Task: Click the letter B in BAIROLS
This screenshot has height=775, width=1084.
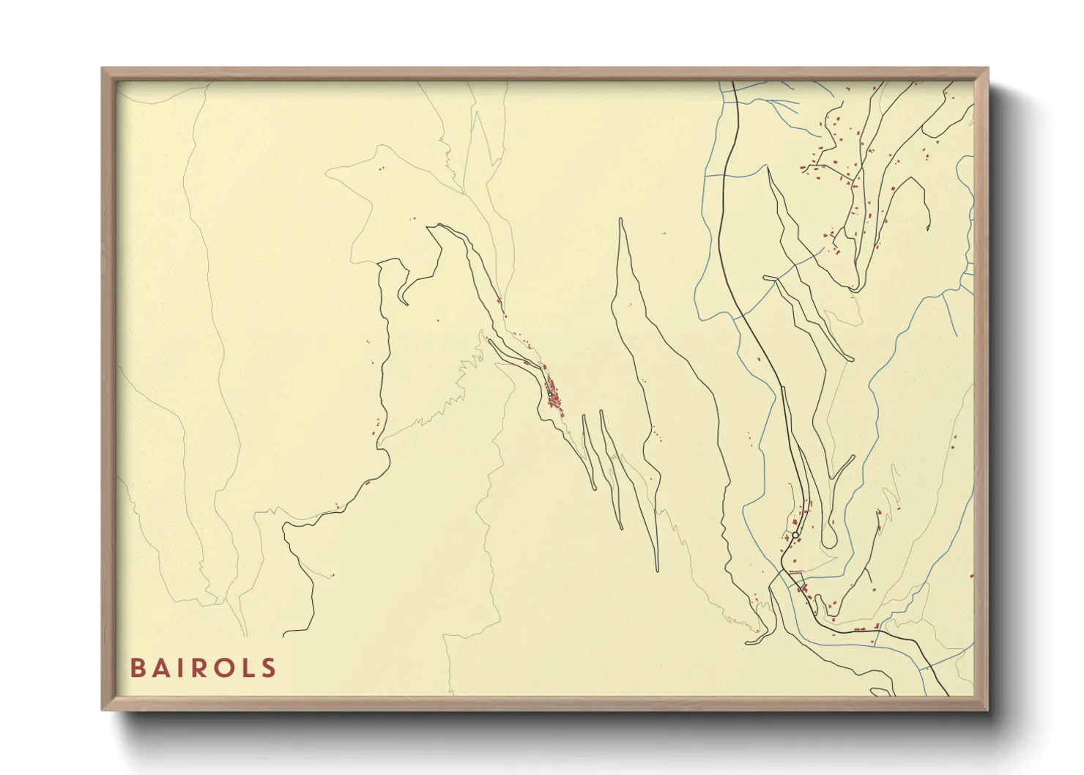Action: pyautogui.click(x=138, y=668)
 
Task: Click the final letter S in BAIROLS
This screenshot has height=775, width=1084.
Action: pyautogui.click(x=269, y=668)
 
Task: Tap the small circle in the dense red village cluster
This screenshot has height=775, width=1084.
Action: pyautogui.click(x=549, y=394)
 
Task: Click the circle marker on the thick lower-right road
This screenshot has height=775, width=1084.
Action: pyautogui.click(x=795, y=535)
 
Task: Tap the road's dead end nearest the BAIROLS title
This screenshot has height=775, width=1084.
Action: pyautogui.click(x=284, y=632)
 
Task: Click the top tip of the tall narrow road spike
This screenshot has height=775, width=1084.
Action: pyautogui.click(x=621, y=219)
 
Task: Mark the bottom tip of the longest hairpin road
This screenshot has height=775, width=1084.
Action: pyautogui.click(x=657, y=569)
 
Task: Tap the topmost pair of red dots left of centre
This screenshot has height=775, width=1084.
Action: pyautogui.click(x=381, y=168)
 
